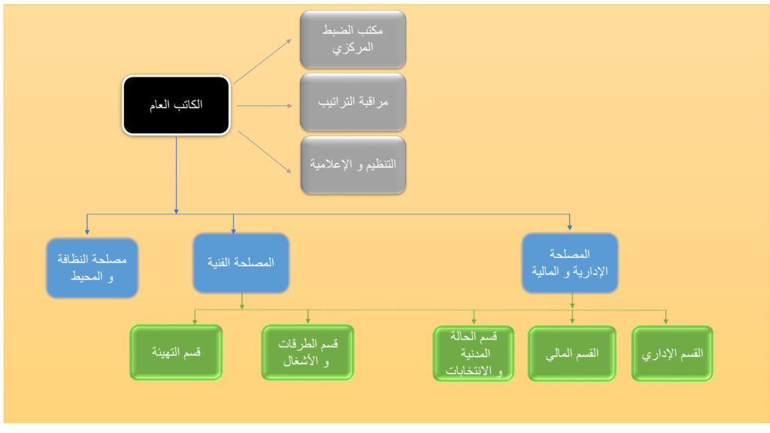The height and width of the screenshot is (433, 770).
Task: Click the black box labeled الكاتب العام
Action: coord(176,105)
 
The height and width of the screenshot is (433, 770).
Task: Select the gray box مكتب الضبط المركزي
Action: coord(353,38)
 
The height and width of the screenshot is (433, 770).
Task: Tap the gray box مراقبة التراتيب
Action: coord(353,101)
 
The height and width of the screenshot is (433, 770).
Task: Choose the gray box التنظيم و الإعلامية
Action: coord(353,164)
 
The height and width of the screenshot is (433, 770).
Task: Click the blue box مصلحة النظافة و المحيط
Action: coord(92,266)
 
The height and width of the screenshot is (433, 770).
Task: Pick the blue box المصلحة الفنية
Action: coord(241,262)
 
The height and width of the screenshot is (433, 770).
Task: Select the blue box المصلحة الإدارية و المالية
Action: coord(570,262)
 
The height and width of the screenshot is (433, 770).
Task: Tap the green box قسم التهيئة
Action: coord(176,352)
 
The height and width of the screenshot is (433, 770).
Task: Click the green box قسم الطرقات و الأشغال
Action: coord(307,352)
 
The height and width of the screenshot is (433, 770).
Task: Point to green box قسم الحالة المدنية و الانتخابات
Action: coord(474,353)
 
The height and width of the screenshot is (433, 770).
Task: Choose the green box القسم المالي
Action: coord(572,353)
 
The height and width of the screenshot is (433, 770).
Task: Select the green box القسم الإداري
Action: coord(671,353)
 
